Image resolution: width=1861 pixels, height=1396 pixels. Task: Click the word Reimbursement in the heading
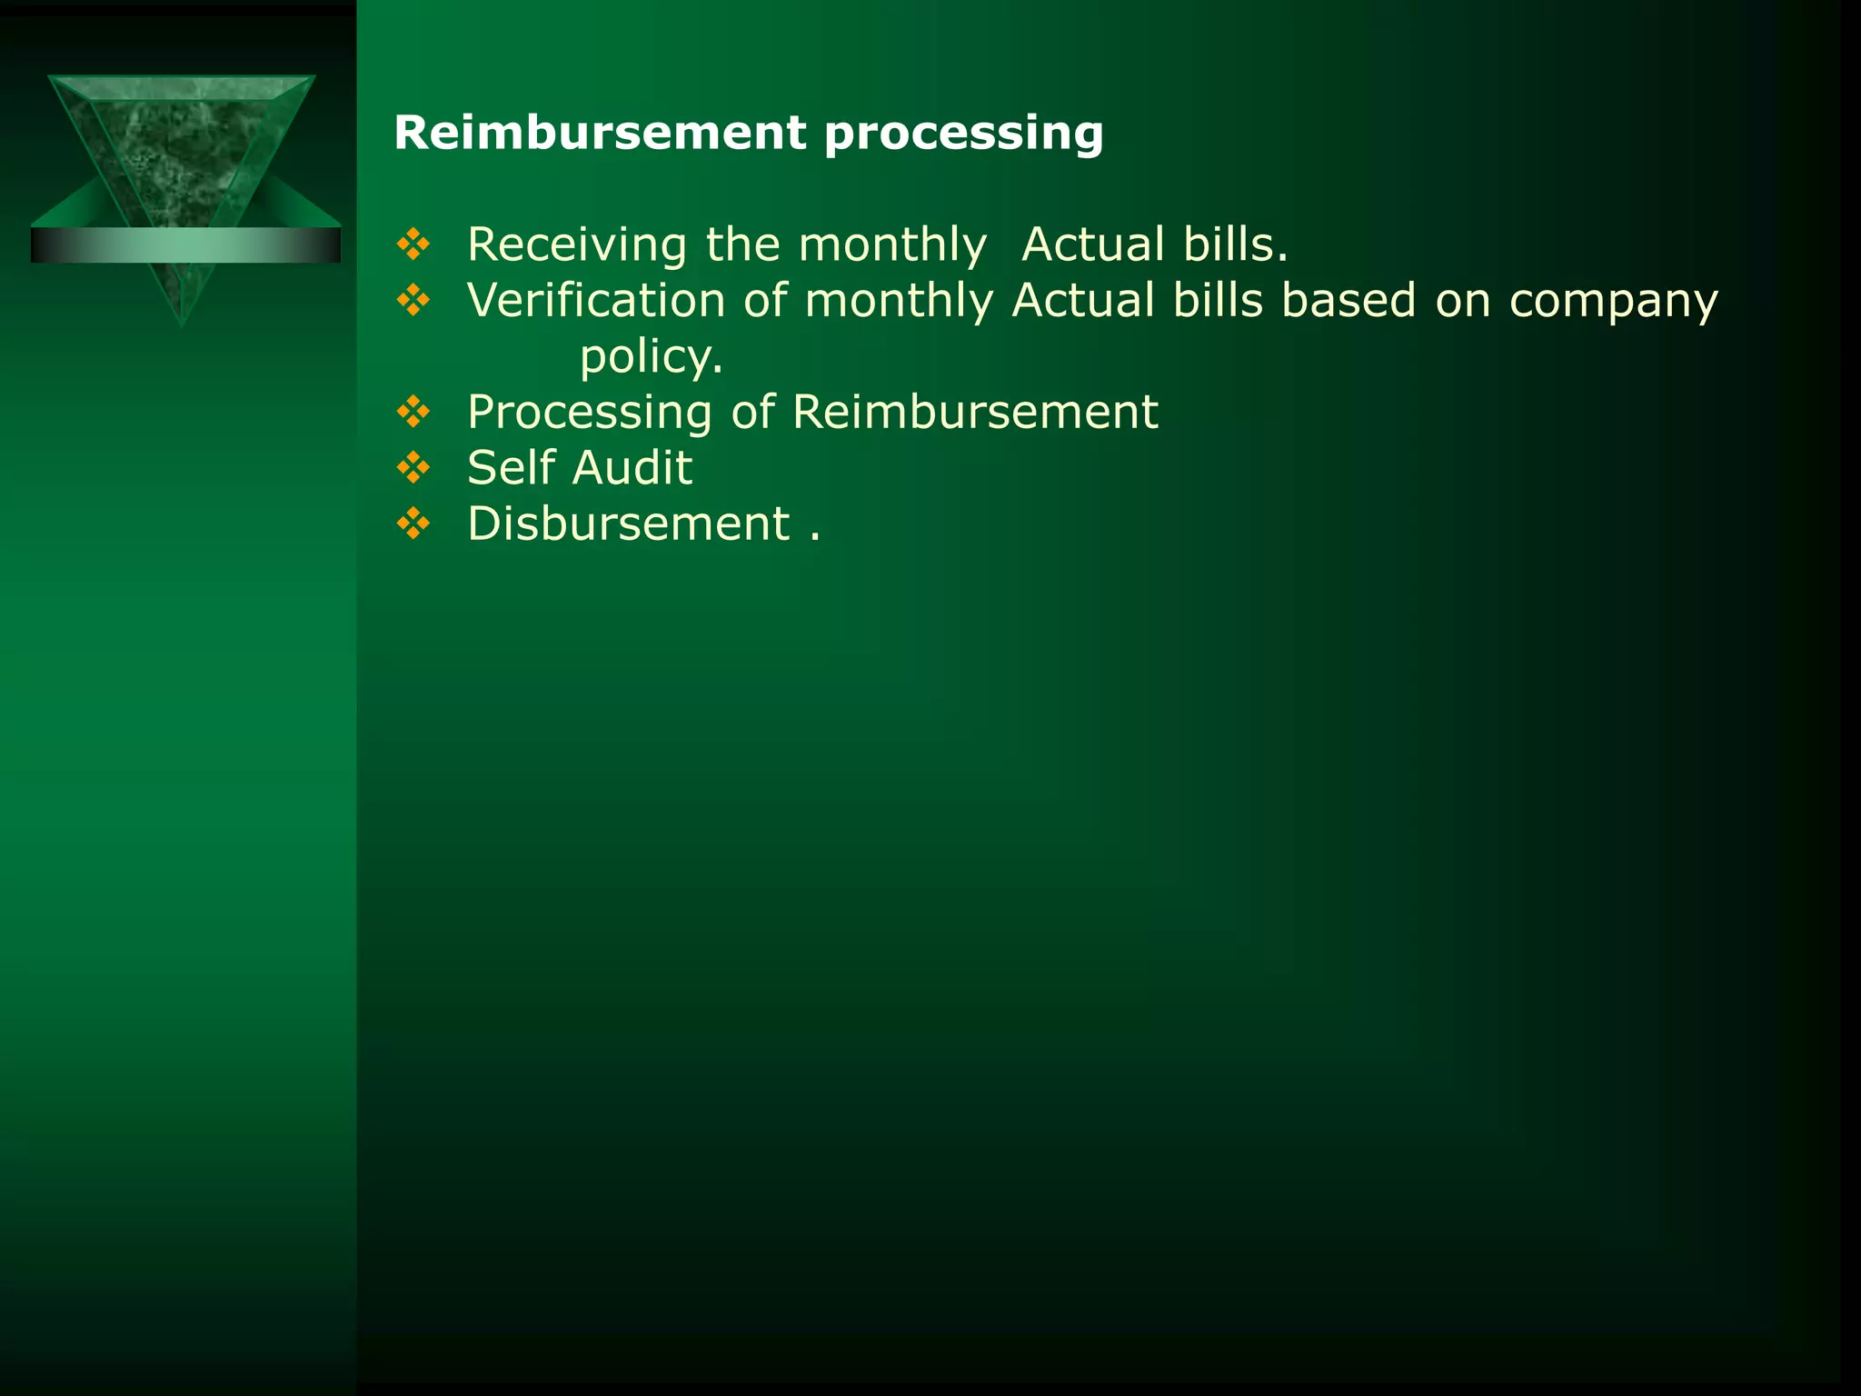tap(600, 133)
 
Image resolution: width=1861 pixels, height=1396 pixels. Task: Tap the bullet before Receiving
tap(413, 244)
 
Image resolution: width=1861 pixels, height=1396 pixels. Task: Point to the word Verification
tap(596, 300)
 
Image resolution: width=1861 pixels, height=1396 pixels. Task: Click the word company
tap(1613, 302)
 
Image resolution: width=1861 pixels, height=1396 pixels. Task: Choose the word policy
tap(651, 356)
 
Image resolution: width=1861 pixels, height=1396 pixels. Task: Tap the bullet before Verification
tap(413, 300)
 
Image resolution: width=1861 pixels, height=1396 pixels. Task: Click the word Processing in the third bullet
tap(589, 413)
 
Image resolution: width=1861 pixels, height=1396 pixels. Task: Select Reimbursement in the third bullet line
tap(975, 412)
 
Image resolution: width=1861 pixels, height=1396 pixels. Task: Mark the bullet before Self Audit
tap(413, 467)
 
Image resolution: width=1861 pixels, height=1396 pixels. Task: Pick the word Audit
tap(632, 467)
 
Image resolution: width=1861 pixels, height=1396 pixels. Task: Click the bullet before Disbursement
tap(413, 523)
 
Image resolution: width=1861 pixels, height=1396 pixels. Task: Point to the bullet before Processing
tap(413, 412)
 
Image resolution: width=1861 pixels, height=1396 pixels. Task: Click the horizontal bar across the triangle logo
tap(185, 245)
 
